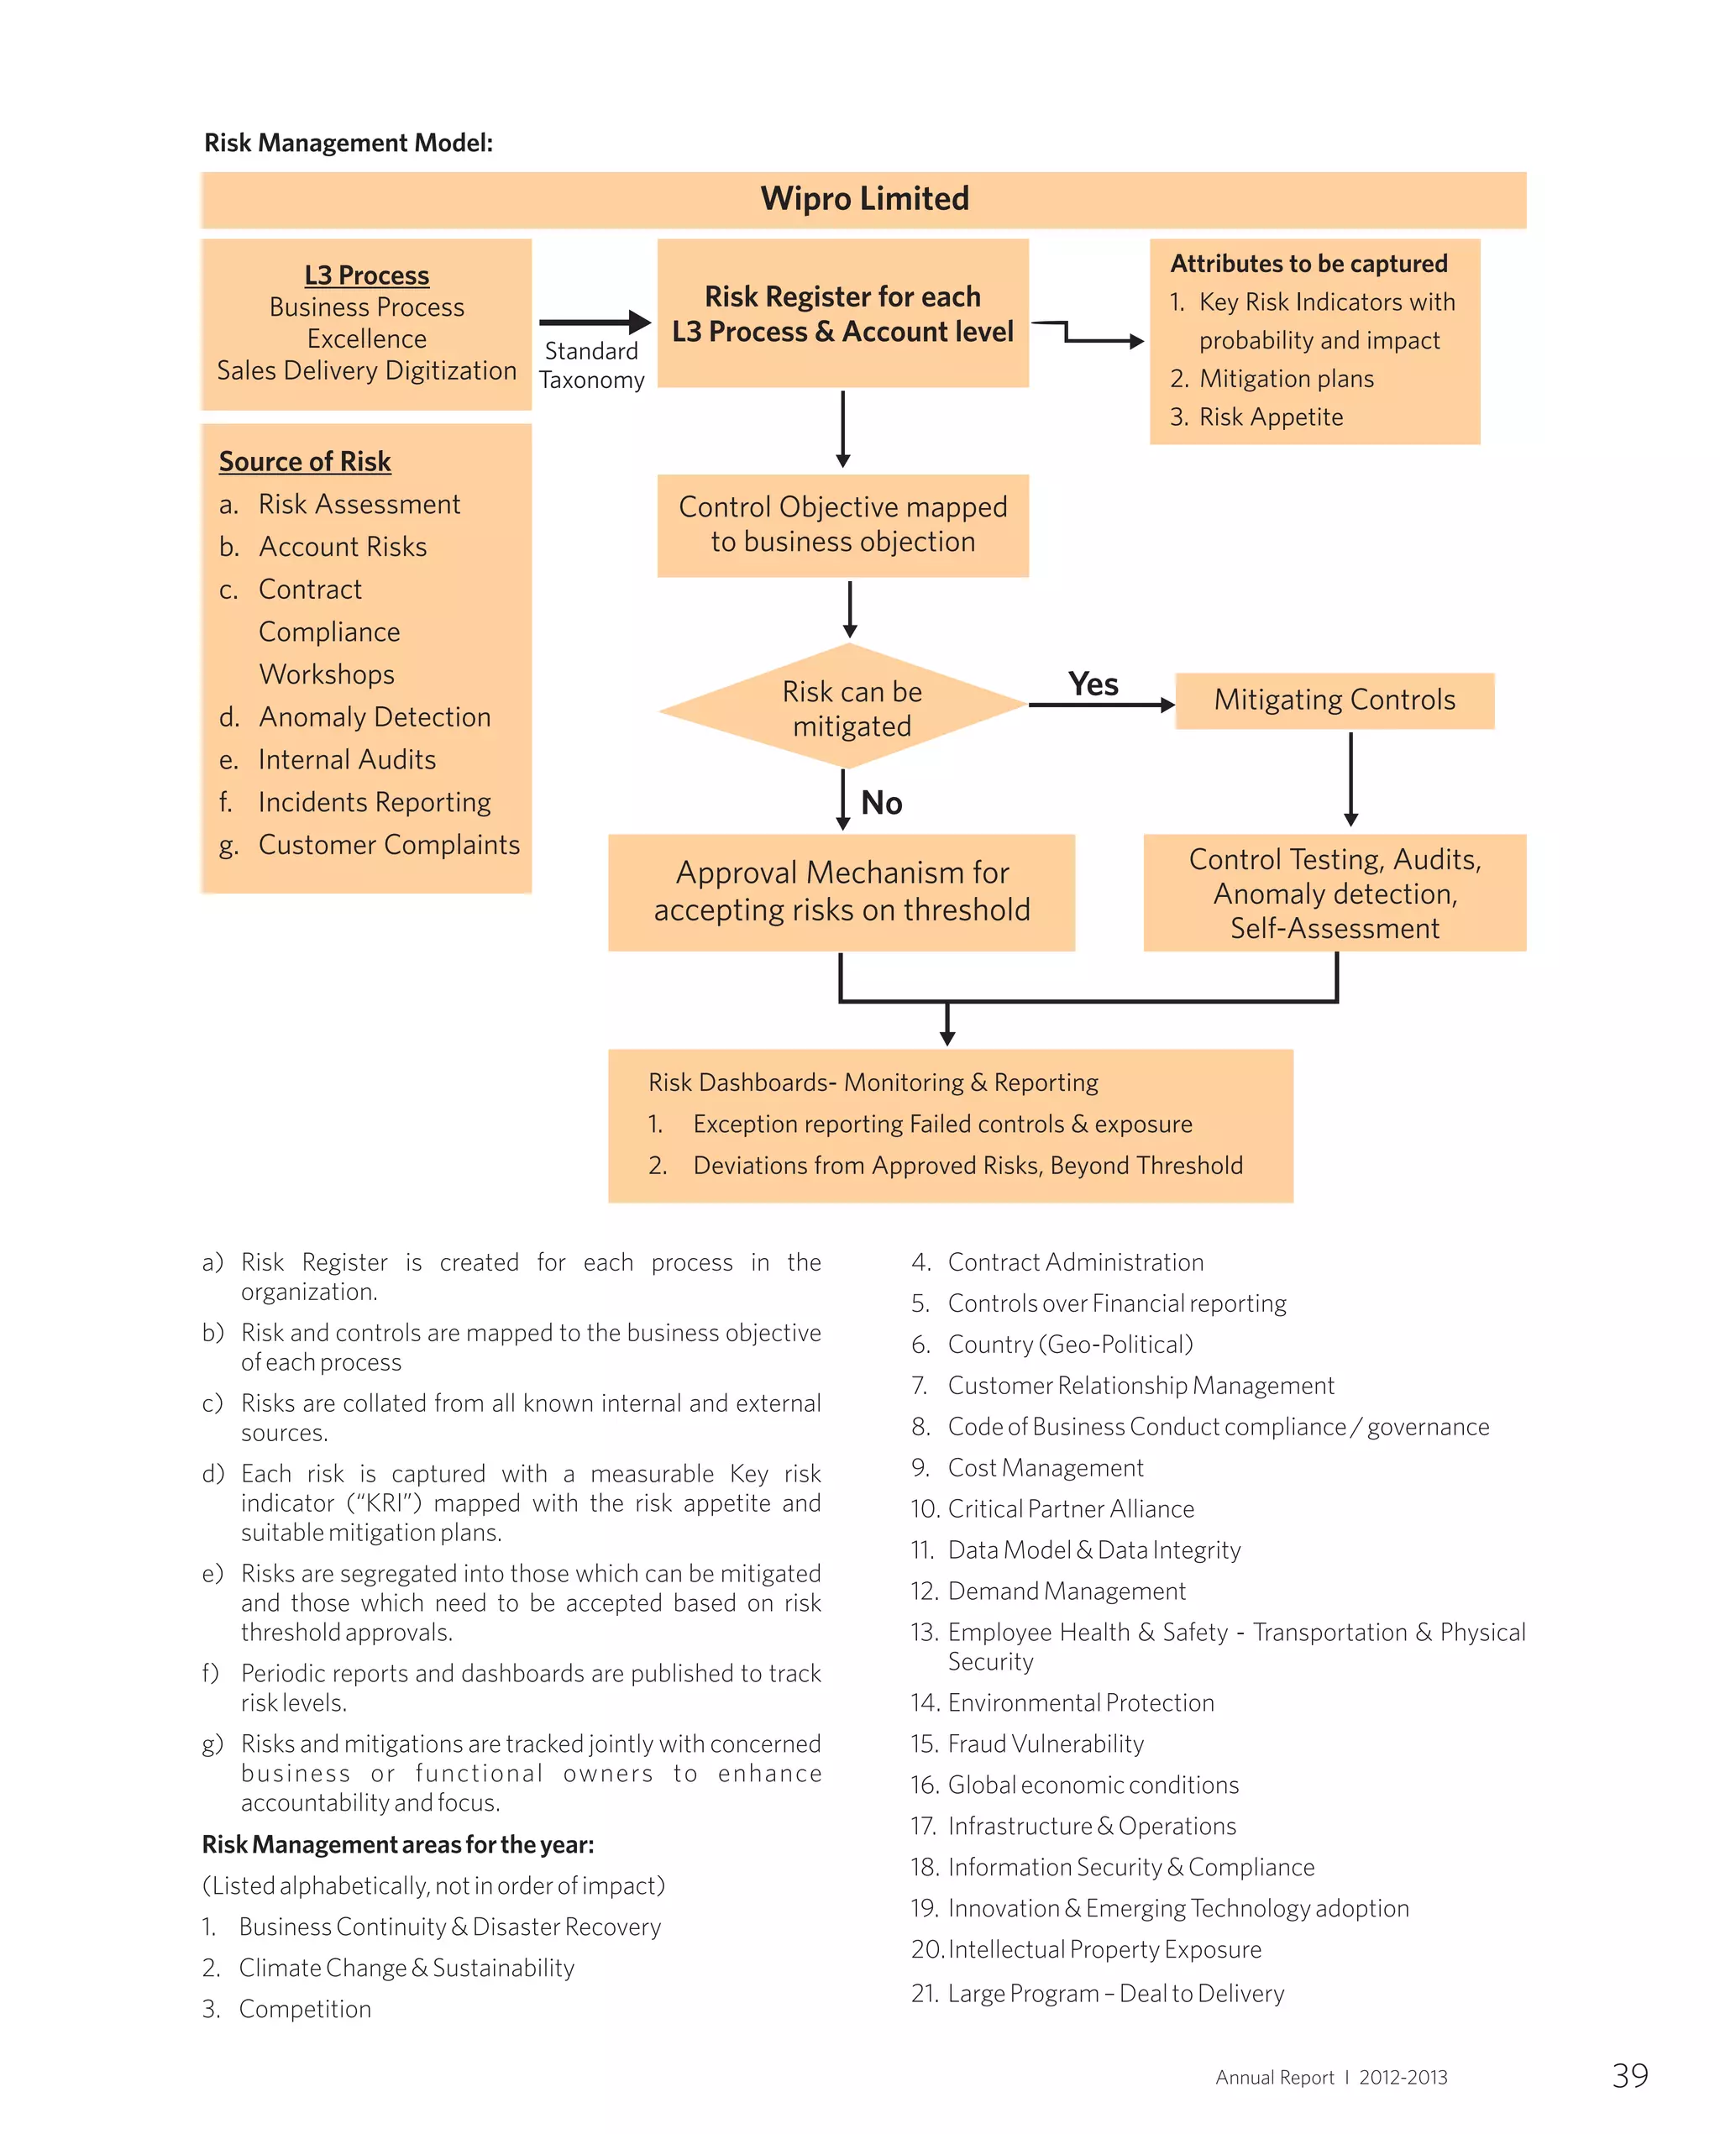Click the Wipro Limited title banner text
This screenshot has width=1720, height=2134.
(x=864, y=199)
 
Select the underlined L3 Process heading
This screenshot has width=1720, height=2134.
(x=366, y=275)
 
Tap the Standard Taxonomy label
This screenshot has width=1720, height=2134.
(x=591, y=365)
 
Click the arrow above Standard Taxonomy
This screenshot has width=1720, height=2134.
(x=595, y=322)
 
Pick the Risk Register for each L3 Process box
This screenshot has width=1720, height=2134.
(x=842, y=313)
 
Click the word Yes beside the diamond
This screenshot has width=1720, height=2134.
(x=1093, y=684)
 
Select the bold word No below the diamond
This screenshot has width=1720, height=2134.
(x=881, y=803)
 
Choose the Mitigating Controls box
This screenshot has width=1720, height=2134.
(x=1334, y=700)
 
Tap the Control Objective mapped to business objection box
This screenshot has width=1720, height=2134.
(x=842, y=525)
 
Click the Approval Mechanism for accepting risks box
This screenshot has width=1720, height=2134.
(x=842, y=892)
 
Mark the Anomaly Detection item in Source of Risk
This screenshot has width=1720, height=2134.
(x=375, y=717)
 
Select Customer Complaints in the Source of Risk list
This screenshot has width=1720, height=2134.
(x=388, y=845)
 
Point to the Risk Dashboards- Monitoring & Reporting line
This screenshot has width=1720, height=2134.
(x=873, y=1083)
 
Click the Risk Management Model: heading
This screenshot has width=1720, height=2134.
(x=348, y=143)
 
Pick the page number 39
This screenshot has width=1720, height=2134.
(x=1630, y=2075)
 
